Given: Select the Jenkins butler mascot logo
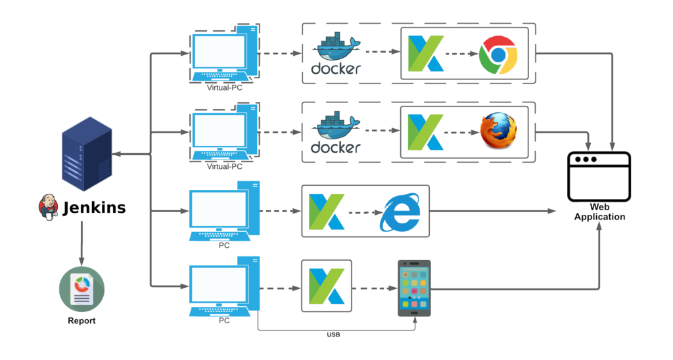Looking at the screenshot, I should coord(48,206).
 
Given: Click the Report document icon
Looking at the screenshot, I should coord(81,289).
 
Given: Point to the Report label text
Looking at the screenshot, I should coord(81,321).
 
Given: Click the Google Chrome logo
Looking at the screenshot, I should coord(498,55).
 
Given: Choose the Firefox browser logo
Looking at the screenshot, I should coord(498,131).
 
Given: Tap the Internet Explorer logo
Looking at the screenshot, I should coord(400,212).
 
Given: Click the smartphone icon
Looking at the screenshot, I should coord(414,288).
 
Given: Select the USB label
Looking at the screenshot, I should coord(333,335).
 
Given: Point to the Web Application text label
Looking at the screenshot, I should coord(599,212).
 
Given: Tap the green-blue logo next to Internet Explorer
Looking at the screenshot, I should coord(327,212).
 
